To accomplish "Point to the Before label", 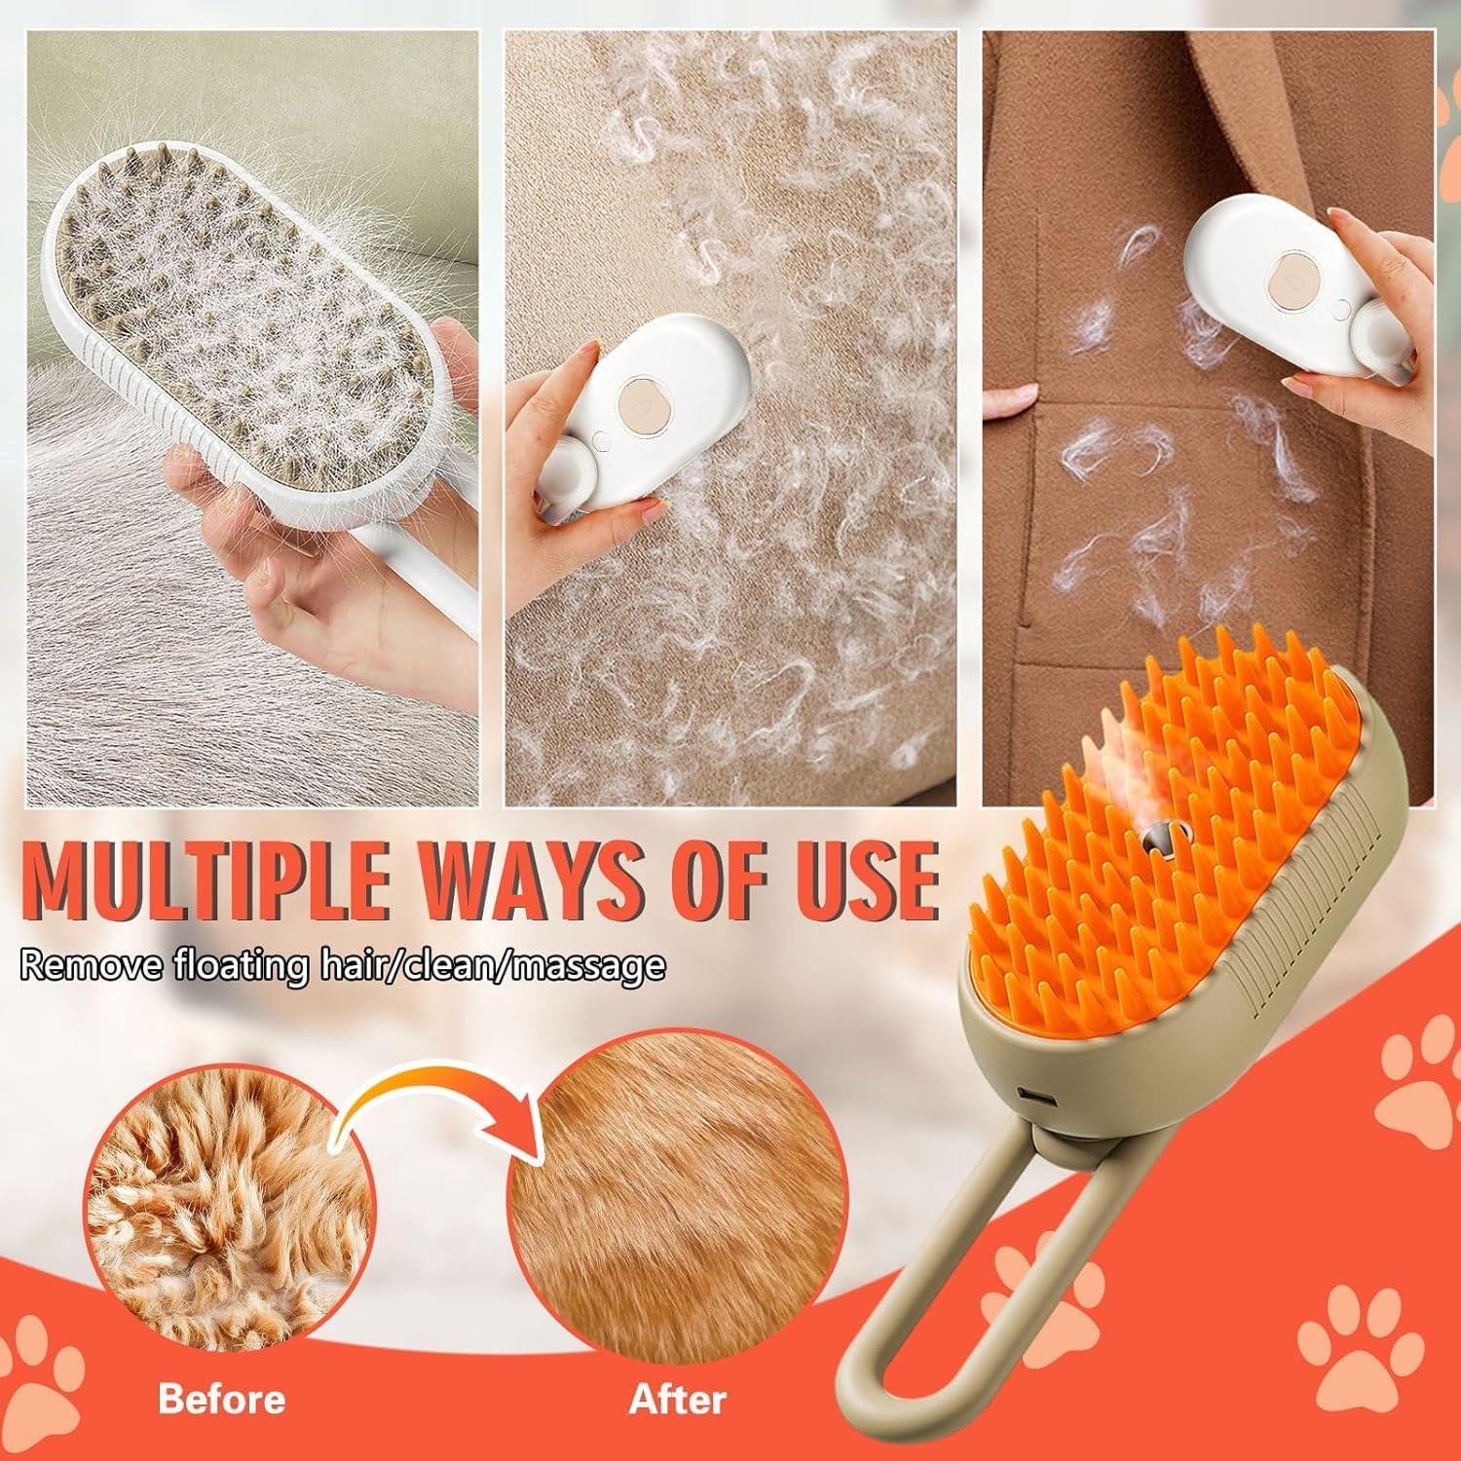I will pos(222,1400).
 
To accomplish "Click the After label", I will pos(678,1400).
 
